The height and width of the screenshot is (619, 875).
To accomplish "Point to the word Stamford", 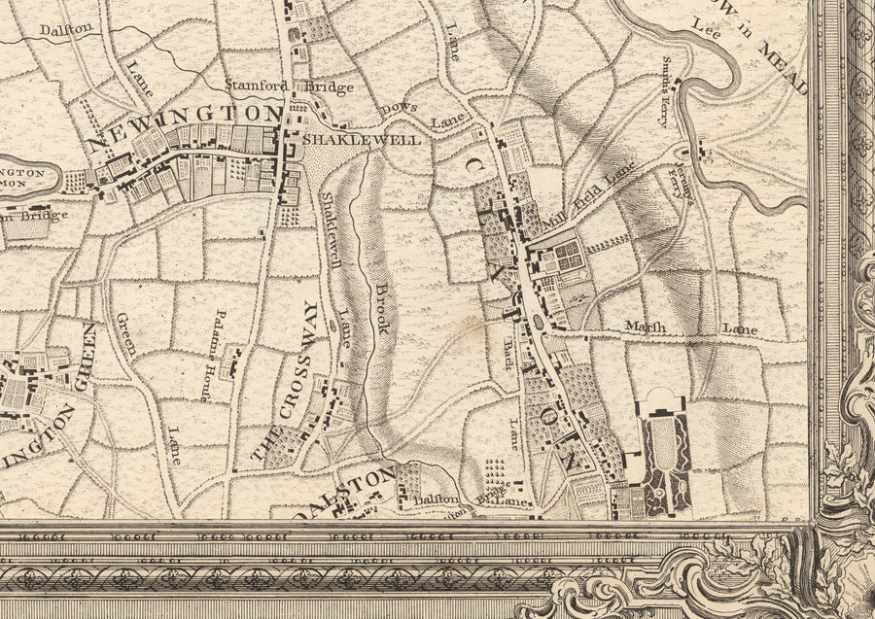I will (x=257, y=86).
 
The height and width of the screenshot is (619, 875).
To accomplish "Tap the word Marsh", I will (x=646, y=327).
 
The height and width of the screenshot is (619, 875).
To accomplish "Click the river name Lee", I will (x=706, y=30).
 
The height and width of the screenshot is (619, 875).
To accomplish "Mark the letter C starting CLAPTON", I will (x=471, y=172).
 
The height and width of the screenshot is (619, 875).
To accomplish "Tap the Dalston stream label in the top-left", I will (x=66, y=30).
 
